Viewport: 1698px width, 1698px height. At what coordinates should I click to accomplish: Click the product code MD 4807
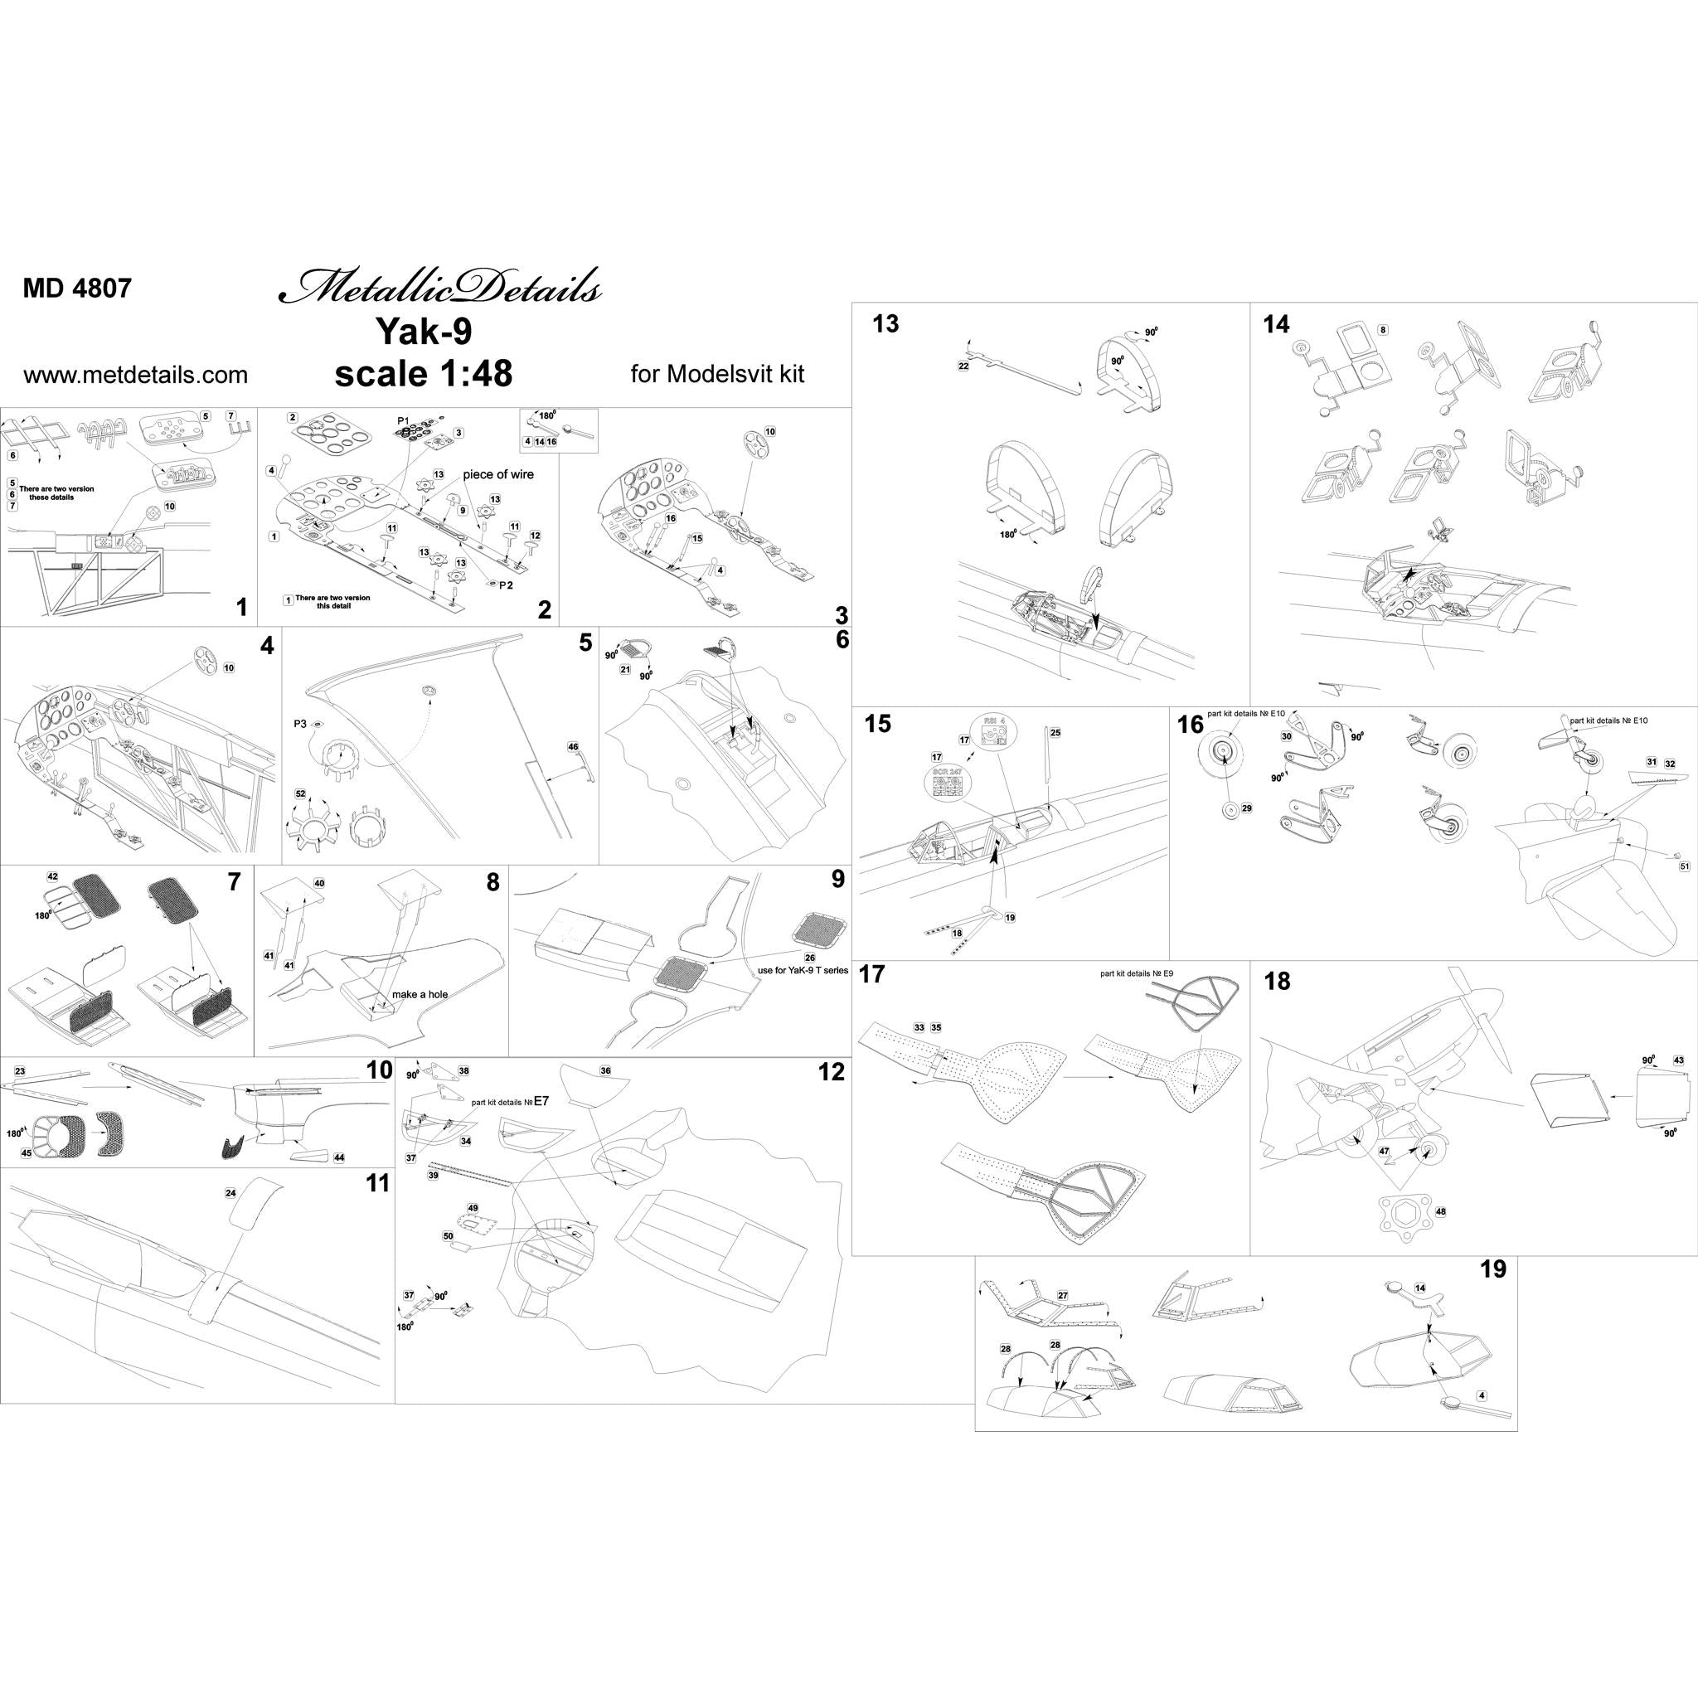click(77, 289)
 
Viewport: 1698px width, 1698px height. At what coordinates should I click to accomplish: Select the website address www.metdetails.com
click(135, 376)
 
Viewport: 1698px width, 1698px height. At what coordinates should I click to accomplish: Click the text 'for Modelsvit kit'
click(717, 375)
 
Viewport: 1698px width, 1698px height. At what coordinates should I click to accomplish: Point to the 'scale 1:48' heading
click(423, 374)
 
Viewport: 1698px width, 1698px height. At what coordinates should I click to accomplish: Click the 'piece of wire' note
click(498, 473)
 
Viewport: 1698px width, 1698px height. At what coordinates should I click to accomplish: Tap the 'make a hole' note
click(420, 994)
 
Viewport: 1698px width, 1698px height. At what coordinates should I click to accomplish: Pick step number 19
click(1492, 1269)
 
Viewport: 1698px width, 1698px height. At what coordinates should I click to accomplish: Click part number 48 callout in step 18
click(1439, 1212)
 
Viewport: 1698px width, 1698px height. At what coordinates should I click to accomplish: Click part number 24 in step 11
click(231, 1194)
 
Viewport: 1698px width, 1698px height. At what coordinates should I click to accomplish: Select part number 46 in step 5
click(573, 747)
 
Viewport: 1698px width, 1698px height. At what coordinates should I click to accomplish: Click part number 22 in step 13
click(963, 366)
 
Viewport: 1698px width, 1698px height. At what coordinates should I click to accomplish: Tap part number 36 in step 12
click(604, 1071)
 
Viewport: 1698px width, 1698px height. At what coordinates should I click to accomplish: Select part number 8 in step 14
click(1384, 331)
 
